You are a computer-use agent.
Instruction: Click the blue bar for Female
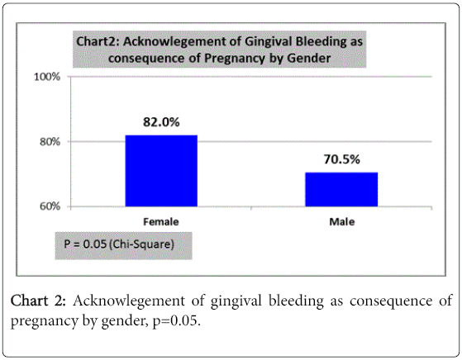click(161, 171)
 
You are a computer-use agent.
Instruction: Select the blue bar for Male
click(341, 189)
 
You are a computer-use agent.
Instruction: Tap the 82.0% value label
click(161, 122)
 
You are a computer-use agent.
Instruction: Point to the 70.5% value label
click(342, 159)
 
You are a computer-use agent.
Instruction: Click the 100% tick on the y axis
click(47, 77)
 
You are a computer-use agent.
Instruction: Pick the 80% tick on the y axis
click(50, 141)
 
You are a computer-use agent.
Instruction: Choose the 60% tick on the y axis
click(50, 206)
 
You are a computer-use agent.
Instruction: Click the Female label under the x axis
click(161, 221)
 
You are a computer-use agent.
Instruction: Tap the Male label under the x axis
click(342, 221)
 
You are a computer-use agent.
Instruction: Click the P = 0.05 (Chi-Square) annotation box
click(123, 245)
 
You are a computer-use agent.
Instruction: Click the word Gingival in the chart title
click(268, 41)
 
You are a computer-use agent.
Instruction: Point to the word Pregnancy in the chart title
click(235, 59)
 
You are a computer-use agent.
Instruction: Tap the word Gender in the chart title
click(308, 59)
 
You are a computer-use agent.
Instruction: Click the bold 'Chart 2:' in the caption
click(38, 301)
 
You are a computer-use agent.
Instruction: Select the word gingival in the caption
click(236, 301)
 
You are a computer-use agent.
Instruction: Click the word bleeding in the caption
click(296, 301)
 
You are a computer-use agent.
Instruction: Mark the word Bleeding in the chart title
click(321, 41)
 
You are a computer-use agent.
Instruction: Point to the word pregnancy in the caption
click(42, 321)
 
